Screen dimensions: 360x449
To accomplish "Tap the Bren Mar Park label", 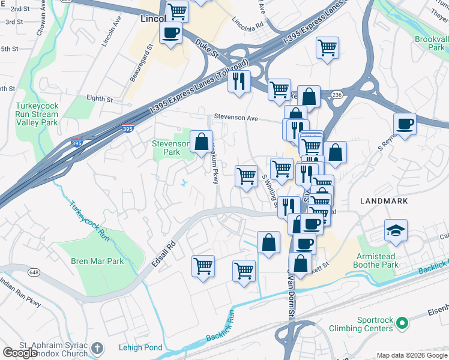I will click(x=97, y=261).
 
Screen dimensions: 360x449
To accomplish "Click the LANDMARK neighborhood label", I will click(x=384, y=201).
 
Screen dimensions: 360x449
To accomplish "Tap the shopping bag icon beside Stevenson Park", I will click(x=202, y=142).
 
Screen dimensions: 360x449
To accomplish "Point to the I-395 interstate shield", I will click(x=127, y=128).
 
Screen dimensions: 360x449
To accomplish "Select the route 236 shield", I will click(x=337, y=95).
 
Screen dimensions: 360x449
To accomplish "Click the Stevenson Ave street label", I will click(x=233, y=118).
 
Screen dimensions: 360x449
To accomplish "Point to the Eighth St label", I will click(x=99, y=99).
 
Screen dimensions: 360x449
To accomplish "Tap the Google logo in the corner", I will click(x=20, y=353).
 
